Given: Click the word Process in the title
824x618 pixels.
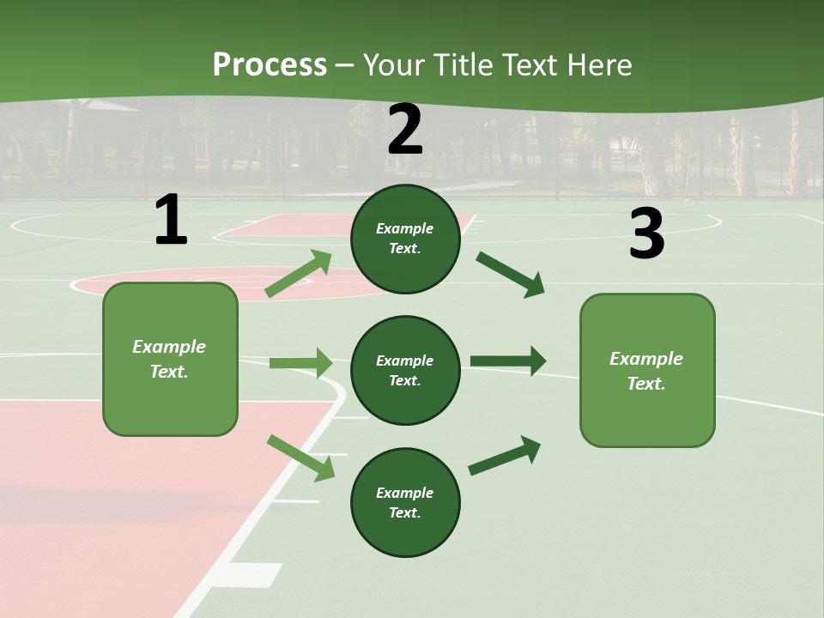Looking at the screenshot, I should pos(270,65).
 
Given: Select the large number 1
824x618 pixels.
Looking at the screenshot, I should pos(171,221).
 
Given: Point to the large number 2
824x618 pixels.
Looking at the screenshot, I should pos(405,130).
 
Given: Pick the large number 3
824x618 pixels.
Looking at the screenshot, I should pos(646,234).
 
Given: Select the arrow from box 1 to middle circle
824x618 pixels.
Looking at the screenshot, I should pos(300,363).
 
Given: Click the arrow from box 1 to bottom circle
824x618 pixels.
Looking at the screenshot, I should pos(301,457).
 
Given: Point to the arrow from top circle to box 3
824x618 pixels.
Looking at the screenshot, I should pos(511,274).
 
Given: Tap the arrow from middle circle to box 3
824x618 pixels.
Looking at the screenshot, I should pos(507,361).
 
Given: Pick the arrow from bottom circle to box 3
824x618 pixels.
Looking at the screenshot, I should pos(505,456).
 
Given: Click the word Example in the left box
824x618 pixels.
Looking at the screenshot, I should pos(169,347).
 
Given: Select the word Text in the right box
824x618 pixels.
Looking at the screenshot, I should pos(646,384).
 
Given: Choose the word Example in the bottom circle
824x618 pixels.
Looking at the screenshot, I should pos(405,493).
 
